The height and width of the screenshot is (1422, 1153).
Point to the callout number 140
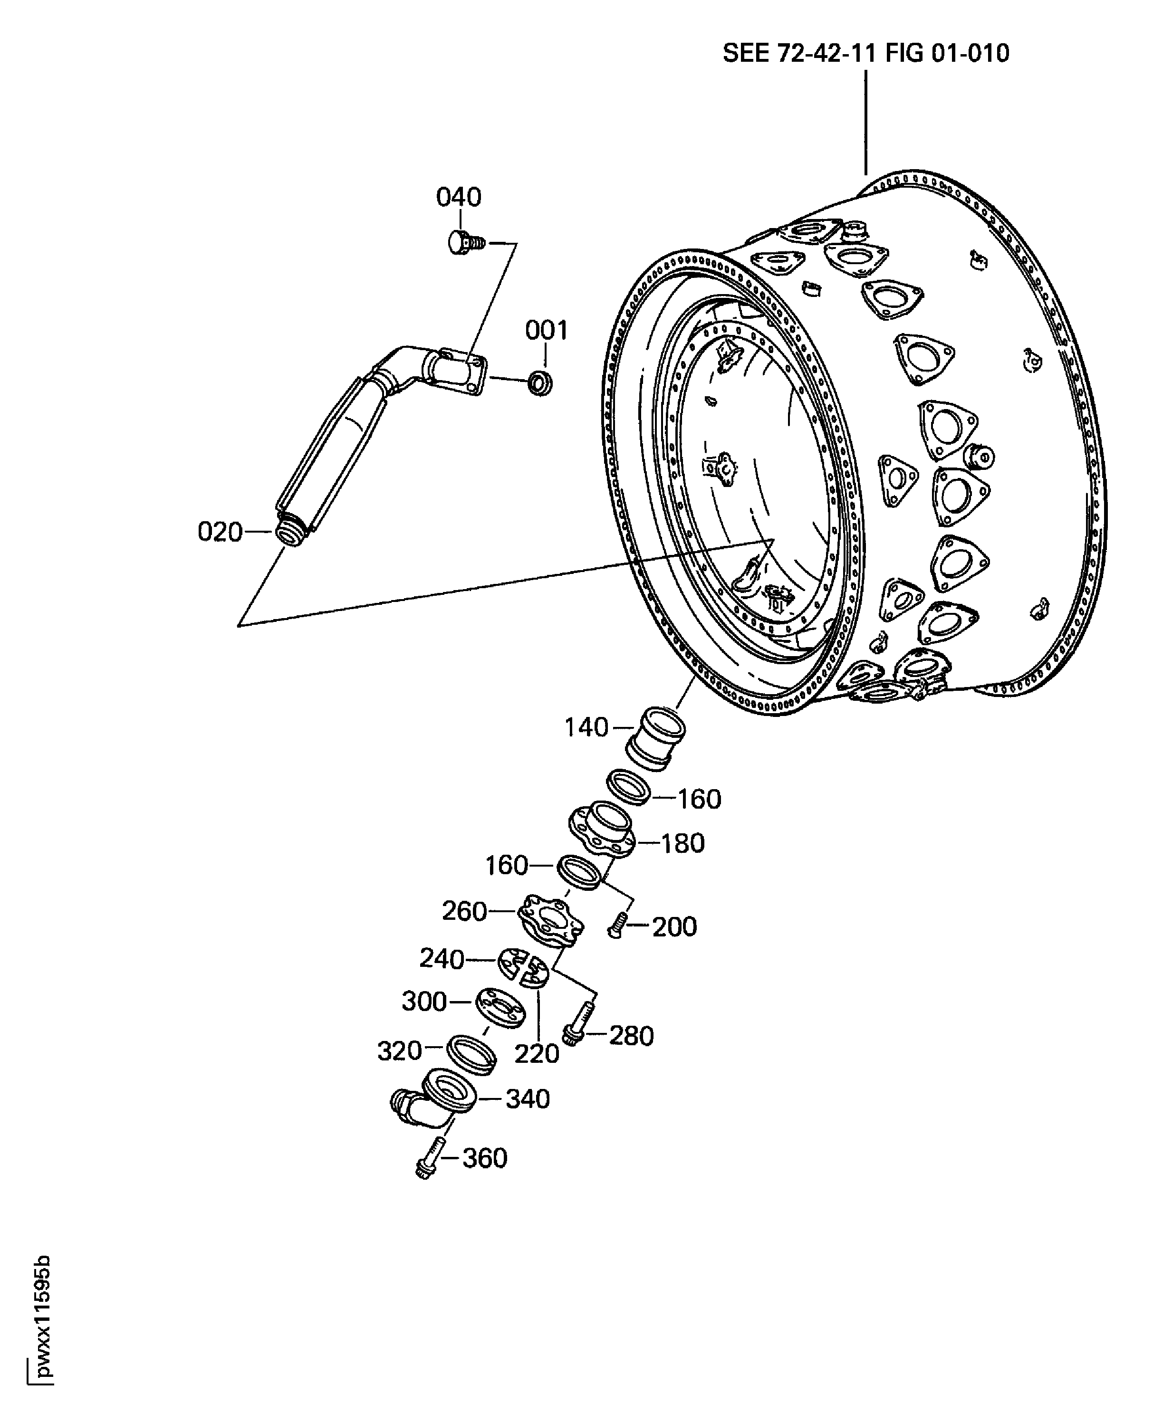tap(586, 727)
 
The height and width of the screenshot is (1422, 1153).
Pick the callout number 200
tap(675, 927)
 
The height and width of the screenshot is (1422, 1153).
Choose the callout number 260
tap(465, 911)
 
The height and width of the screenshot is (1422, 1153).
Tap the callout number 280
tap(632, 1036)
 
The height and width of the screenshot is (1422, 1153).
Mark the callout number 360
tap(485, 1158)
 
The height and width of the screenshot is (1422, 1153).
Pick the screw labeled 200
tap(617, 924)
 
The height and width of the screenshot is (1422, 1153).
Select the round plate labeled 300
tap(500, 1008)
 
